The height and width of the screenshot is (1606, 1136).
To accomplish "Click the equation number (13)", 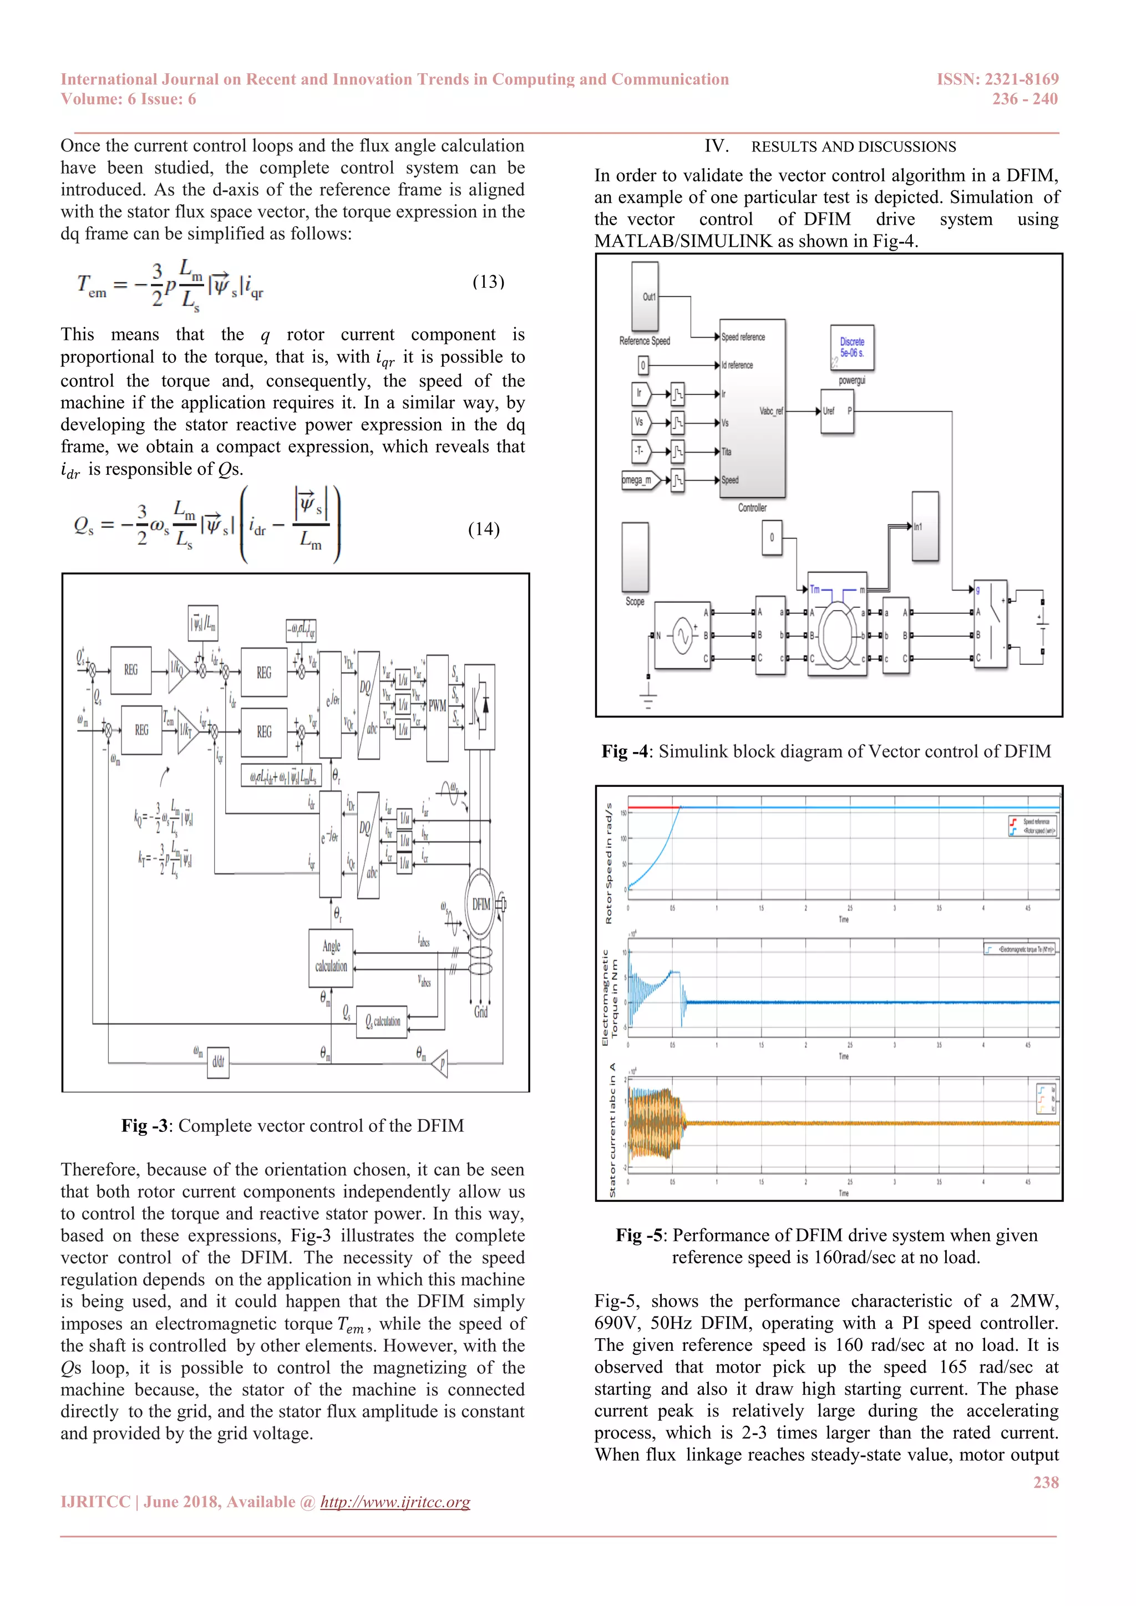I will [x=488, y=282].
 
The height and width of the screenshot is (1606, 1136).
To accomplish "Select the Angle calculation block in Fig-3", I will [x=331, y=956].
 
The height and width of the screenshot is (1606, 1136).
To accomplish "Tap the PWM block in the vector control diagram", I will [x=437, y=707].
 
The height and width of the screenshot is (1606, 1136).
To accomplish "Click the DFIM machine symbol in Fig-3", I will [x=480, y=904].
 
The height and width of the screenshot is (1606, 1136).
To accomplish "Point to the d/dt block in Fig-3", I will [x=218, y=1062].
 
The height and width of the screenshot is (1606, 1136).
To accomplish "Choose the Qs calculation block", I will [x=382, y=1021].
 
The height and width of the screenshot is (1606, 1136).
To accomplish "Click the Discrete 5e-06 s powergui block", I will [x=851, y=348].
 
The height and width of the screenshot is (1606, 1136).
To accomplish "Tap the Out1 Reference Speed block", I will [x=645, y=297].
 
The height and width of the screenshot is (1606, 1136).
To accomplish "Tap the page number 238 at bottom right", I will [x=1046, y=1482].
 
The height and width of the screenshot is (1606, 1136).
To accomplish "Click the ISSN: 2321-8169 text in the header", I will [x=997, y=79].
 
